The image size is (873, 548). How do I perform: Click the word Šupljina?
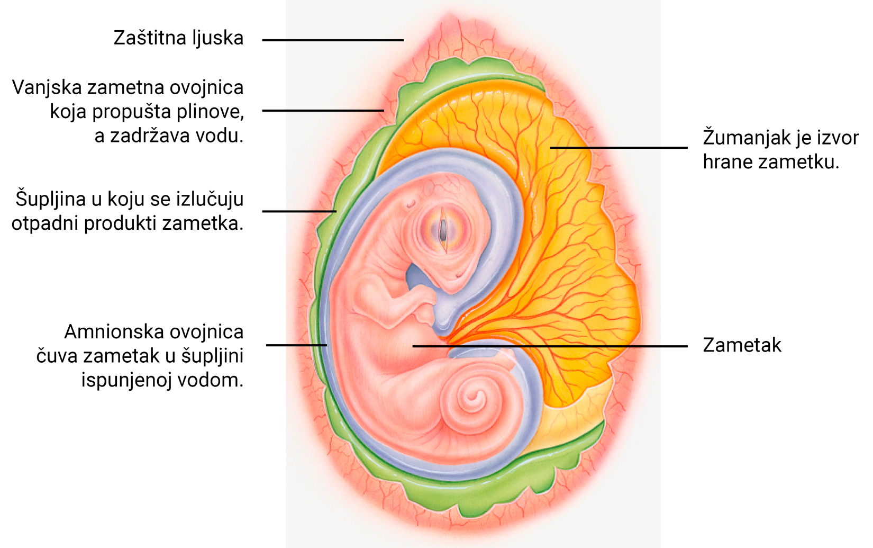point(50,199)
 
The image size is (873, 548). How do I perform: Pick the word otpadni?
point(46,223)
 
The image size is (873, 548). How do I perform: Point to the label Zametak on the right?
point(742,345)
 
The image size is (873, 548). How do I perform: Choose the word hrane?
point(727,162)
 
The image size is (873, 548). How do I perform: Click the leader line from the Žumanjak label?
point(619,148)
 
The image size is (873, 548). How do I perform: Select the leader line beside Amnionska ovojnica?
point(296,345)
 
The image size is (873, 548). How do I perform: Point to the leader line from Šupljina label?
point(299,211)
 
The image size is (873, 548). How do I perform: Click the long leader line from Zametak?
point(550,346)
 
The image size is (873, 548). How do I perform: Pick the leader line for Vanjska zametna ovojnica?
point(323,111)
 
